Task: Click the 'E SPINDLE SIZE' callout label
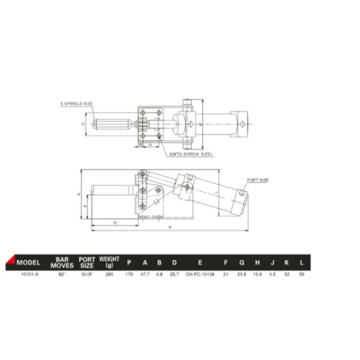pyautogui.click(x=76, y=103)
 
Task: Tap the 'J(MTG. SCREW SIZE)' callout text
pyautogui.click(x=192, y=154)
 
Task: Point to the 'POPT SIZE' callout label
pyautogui.click(x=257, y=180)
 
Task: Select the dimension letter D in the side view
pyautogui.click(x=114, y=223)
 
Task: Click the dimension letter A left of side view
pyautogui.click(x=79, y=195)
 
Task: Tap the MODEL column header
pyautogui.click(x=28, y=262)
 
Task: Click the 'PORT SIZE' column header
pyautogui.click(x=87, y=262)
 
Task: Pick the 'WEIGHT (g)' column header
pyautogui.click(x=109, y=262)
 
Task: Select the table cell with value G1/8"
pyautogui.click(x=87, y=274)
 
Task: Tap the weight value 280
pyautogui.click(x=109, y=274)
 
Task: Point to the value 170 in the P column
pyautogui.click(x=128, y=274)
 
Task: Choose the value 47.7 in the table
pyautogui.click(x=144, y=274)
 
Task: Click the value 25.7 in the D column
pyautogui.click(x=174, y=274)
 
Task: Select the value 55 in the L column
pyautogui.click(x=301, y=274)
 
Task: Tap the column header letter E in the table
pyautogui.click(x=199, y=262)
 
